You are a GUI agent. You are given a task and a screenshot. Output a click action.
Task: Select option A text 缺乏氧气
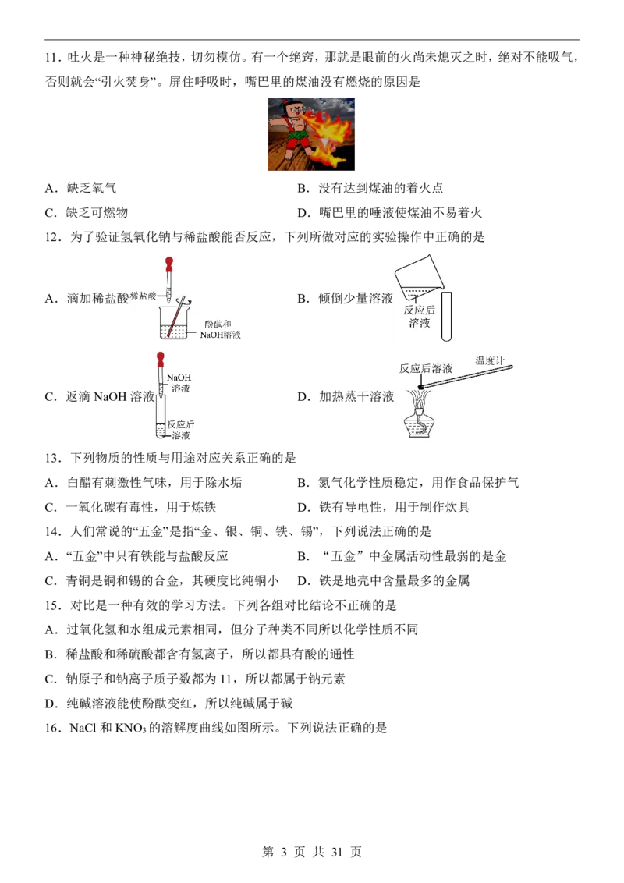[91, 188]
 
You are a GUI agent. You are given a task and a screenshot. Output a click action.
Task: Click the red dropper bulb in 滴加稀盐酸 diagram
[168, 262]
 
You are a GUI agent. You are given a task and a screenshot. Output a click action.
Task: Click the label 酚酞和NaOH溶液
[220, 329]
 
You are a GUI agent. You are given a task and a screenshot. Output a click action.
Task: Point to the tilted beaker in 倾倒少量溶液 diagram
[419, 276]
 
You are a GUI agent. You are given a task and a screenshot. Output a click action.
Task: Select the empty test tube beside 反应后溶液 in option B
[447, 316]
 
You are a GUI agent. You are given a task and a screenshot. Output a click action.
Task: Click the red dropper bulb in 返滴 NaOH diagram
[161, 357]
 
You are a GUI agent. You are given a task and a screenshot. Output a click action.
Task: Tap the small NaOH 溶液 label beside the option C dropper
[179, 382]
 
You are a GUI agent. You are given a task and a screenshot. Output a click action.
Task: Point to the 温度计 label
[489, 360]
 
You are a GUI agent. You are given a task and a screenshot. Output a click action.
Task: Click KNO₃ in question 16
[131, 728]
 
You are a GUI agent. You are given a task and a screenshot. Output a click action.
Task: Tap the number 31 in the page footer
[337, 852]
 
